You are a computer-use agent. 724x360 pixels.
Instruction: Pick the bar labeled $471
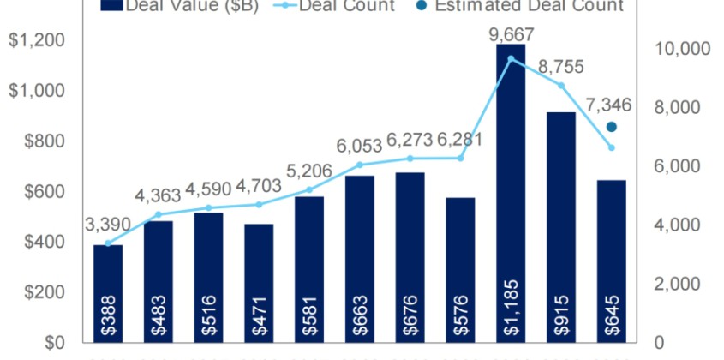point(259,283)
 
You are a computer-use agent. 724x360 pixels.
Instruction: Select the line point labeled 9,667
point(511,58)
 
